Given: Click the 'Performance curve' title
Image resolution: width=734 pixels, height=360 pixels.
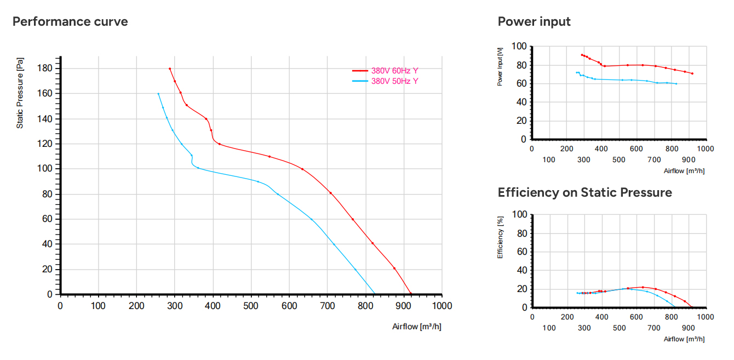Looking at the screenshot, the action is (x=70, y=21).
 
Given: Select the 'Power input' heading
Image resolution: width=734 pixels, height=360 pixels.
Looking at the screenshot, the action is (x=534, y=21).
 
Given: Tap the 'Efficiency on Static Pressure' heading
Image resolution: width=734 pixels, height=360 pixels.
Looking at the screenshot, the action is (x=585, y=192).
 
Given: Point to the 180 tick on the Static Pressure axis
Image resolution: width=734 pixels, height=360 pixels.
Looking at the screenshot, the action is (x=44, y=68).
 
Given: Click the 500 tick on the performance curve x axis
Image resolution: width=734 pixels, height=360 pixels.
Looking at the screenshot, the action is (x=251, y=306).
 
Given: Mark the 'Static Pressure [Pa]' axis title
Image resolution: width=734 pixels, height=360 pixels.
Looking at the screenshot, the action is (x=20, y=93).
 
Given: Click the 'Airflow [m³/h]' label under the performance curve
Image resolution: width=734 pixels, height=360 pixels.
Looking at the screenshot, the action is (x=417, y=327).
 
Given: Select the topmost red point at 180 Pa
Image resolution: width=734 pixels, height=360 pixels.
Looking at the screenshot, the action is (x=170, y=69).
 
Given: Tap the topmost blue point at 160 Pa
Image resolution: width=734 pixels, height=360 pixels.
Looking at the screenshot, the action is (x=158, y=94).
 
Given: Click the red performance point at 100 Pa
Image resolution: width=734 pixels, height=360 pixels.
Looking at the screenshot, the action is (x=302, y=169).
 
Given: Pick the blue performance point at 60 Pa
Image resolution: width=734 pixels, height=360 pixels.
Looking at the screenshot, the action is (x=311, y=219).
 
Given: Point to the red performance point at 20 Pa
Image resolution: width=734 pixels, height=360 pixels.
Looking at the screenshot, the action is (x=394, y=268).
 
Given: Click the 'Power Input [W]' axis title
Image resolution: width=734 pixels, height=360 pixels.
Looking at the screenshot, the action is (x=500, y=67).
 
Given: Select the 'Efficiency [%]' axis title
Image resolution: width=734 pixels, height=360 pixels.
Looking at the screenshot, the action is (x=500, y=237).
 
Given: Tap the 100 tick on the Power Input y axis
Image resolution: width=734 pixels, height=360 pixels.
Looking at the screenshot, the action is (x=519, y=46).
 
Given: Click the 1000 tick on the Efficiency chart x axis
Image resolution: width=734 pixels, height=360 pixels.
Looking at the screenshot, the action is (x=706, y=317).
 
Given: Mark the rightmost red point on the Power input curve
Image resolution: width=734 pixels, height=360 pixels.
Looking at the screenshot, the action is (x=692, y=73).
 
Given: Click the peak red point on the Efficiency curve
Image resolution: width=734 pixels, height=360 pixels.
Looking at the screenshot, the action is (x=643, y=287).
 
